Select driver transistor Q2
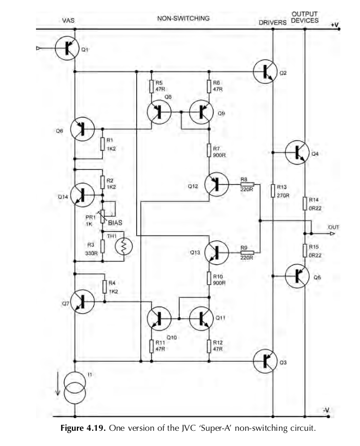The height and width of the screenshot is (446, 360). coord(267,72)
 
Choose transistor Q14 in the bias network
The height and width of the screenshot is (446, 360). coord(83,193)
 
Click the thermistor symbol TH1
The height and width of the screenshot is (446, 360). coord(124,246)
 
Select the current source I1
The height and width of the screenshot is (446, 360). coord(74,384)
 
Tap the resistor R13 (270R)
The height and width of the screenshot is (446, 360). coord(272,191)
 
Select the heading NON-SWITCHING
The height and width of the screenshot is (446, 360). coord(184,19)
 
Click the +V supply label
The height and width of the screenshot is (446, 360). coord(334,26)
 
